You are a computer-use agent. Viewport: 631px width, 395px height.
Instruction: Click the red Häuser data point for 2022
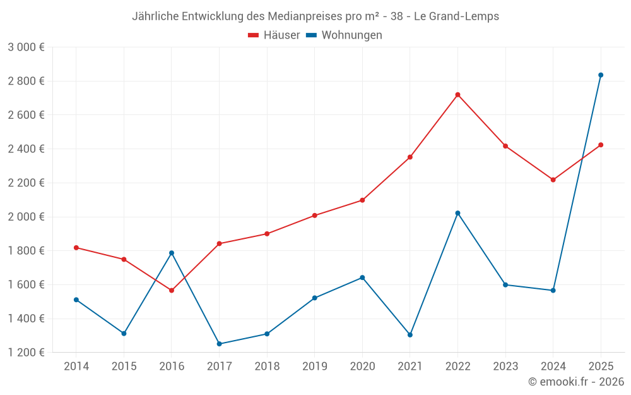457,95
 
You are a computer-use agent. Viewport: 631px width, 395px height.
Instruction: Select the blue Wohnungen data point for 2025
601,75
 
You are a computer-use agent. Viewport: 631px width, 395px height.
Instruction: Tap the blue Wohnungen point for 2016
172,253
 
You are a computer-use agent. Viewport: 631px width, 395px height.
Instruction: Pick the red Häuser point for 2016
172,291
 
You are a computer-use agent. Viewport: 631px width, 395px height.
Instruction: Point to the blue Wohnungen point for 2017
219,344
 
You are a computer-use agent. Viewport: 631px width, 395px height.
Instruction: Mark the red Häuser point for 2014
76,248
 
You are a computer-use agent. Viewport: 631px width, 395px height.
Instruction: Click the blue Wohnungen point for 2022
457,213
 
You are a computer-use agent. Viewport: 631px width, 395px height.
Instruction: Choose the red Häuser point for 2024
553,180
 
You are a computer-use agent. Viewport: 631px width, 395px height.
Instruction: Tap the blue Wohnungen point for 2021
410,335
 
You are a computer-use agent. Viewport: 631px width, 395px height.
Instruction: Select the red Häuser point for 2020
362,200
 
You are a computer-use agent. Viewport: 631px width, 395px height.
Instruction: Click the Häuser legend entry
274,35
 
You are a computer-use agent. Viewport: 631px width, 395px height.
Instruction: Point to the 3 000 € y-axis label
26,47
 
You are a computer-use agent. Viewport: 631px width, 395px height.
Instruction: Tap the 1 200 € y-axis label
26,353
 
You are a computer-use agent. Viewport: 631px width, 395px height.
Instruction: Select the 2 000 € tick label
26,217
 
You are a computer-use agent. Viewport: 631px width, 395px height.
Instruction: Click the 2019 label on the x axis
314,367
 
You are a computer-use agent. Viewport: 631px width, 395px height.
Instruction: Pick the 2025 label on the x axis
601,367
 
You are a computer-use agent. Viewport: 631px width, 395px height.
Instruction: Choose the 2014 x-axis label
76,367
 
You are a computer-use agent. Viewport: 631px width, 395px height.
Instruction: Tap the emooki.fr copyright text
575,382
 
